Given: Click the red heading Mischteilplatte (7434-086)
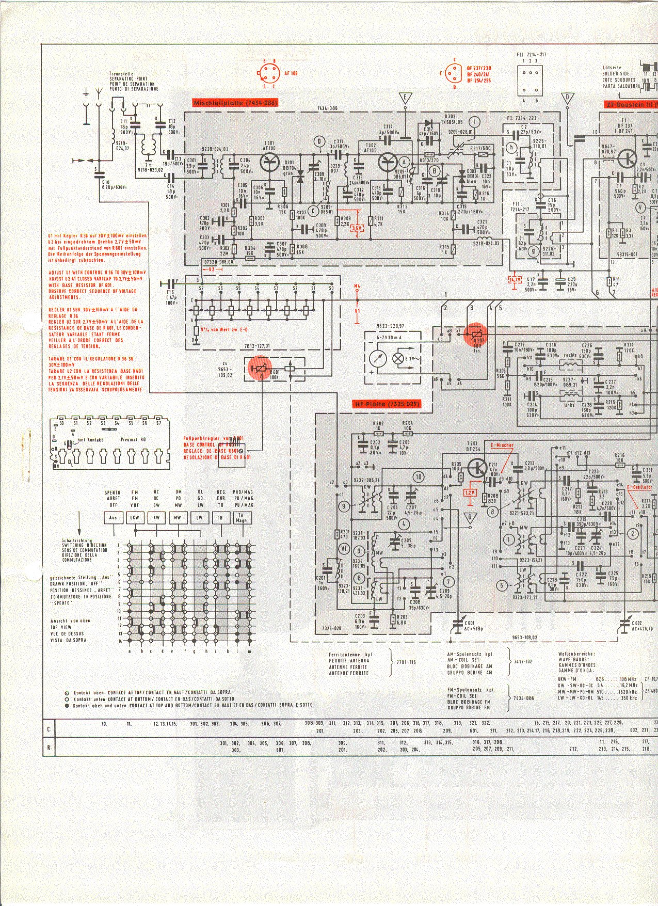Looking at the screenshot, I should pyautogui.click(x=235, y=103).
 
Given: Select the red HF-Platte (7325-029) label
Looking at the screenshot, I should pyautogui.click(x=387, y=404).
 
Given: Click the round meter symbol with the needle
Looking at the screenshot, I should pyautogui.click(x=378, y=358).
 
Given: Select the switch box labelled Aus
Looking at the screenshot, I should pyautogui.click(x=114, y=517).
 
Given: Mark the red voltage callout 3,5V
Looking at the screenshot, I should pyautogui.click(x=357, y=228).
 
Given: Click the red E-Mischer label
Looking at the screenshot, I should pyautogui.click(x=502, y=444).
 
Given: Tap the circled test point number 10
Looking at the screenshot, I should pyautogui.click(x=418, y=476).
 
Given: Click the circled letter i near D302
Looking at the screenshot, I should pyautogui.click(x=474, y=121).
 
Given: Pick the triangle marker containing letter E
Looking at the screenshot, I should pyautogui.click(x=406, y=98).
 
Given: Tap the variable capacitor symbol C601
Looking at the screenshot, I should pyautogui.click(x=456, y=626).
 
